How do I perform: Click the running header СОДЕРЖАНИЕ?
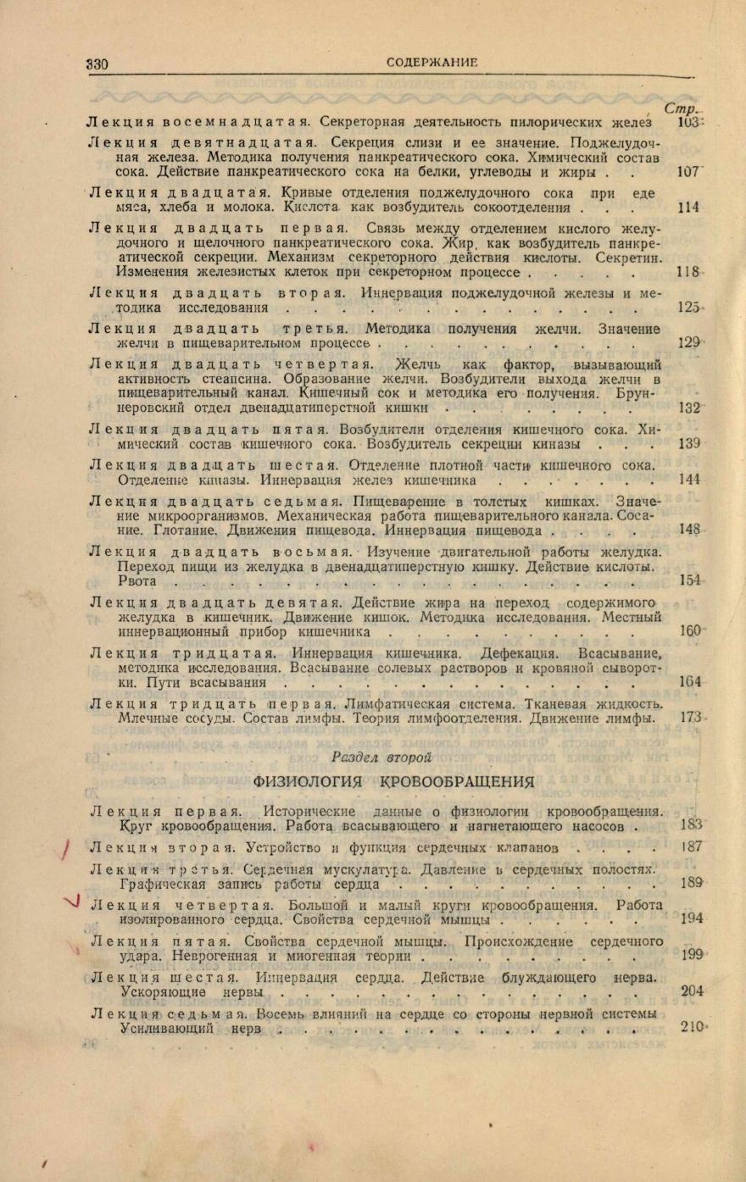point(431,63)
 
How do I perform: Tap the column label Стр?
point(680,108)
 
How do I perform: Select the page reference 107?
point(688,172)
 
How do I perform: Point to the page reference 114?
point(689,208)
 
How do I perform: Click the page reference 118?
point(688,273)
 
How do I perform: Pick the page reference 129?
point(689,342)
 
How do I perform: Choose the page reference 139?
point(689,444)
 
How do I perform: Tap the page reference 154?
point(690,580)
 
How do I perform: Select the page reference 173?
point(691,718)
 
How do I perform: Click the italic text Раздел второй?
point(381,757)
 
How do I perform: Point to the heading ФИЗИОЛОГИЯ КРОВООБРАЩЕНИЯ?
point(394,781)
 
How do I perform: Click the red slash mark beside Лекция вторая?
point(66,847)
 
